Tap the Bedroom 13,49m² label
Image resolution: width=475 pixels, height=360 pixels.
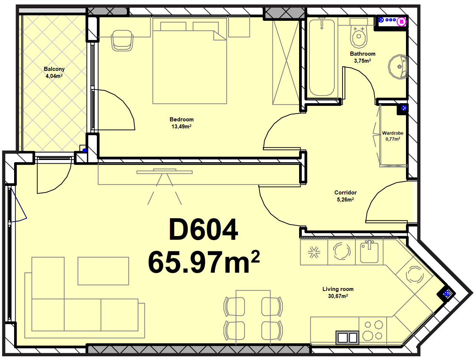click(x=181, y=123)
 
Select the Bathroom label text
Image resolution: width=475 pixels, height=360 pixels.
click(x=363, y=54)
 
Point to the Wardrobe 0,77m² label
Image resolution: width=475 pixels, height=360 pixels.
click(x=393, y=136)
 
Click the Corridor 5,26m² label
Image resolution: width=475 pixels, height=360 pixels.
click(x=345, y=196)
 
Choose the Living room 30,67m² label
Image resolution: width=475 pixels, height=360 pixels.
click(x=338, y=292)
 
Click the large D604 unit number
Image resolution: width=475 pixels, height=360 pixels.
click(x=203, y=229)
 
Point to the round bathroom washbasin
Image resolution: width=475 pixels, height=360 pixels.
click(x=398, y=67)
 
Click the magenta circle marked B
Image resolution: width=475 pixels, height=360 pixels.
click(x=402, y=22)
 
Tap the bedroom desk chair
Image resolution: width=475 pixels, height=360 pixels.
click(x=122, y=41)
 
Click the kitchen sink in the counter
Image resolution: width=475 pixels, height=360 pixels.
click(x=369, y=251)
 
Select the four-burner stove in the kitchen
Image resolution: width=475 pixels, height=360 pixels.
click(x=373, y=331)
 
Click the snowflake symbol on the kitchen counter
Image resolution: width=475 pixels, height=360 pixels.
click(x=314, y=252)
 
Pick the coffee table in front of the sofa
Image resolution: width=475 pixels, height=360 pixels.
click(x=103, y=271)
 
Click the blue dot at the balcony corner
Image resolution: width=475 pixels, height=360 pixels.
click(x=85, y=150)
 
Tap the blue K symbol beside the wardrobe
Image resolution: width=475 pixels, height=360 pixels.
click(x=404, y=108)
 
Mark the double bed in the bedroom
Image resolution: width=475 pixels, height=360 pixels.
click(x=190, y=63)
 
